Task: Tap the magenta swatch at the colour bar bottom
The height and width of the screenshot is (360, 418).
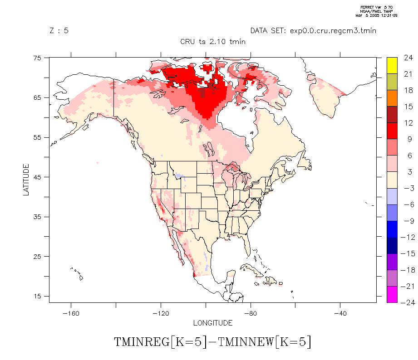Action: tap(392, 294)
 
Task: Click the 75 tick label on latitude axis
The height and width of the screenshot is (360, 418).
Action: tap(37, 58)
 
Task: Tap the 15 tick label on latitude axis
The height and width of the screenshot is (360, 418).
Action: tap(37, 296)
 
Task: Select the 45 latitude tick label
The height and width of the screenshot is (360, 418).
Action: tap(37, 177)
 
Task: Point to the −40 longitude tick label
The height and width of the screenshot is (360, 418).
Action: tap(340, 313)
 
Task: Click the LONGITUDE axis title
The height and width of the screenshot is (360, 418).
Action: tap(213, 323)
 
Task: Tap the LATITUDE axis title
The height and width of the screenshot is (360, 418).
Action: tap(26, 180)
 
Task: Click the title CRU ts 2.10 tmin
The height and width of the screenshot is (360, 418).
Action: tap(213, 41)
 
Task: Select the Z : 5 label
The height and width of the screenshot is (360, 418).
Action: tap(59, 31)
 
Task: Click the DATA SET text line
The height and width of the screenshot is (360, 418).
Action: tap(313, 31)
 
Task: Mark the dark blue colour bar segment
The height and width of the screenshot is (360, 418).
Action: tap(392, 245)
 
